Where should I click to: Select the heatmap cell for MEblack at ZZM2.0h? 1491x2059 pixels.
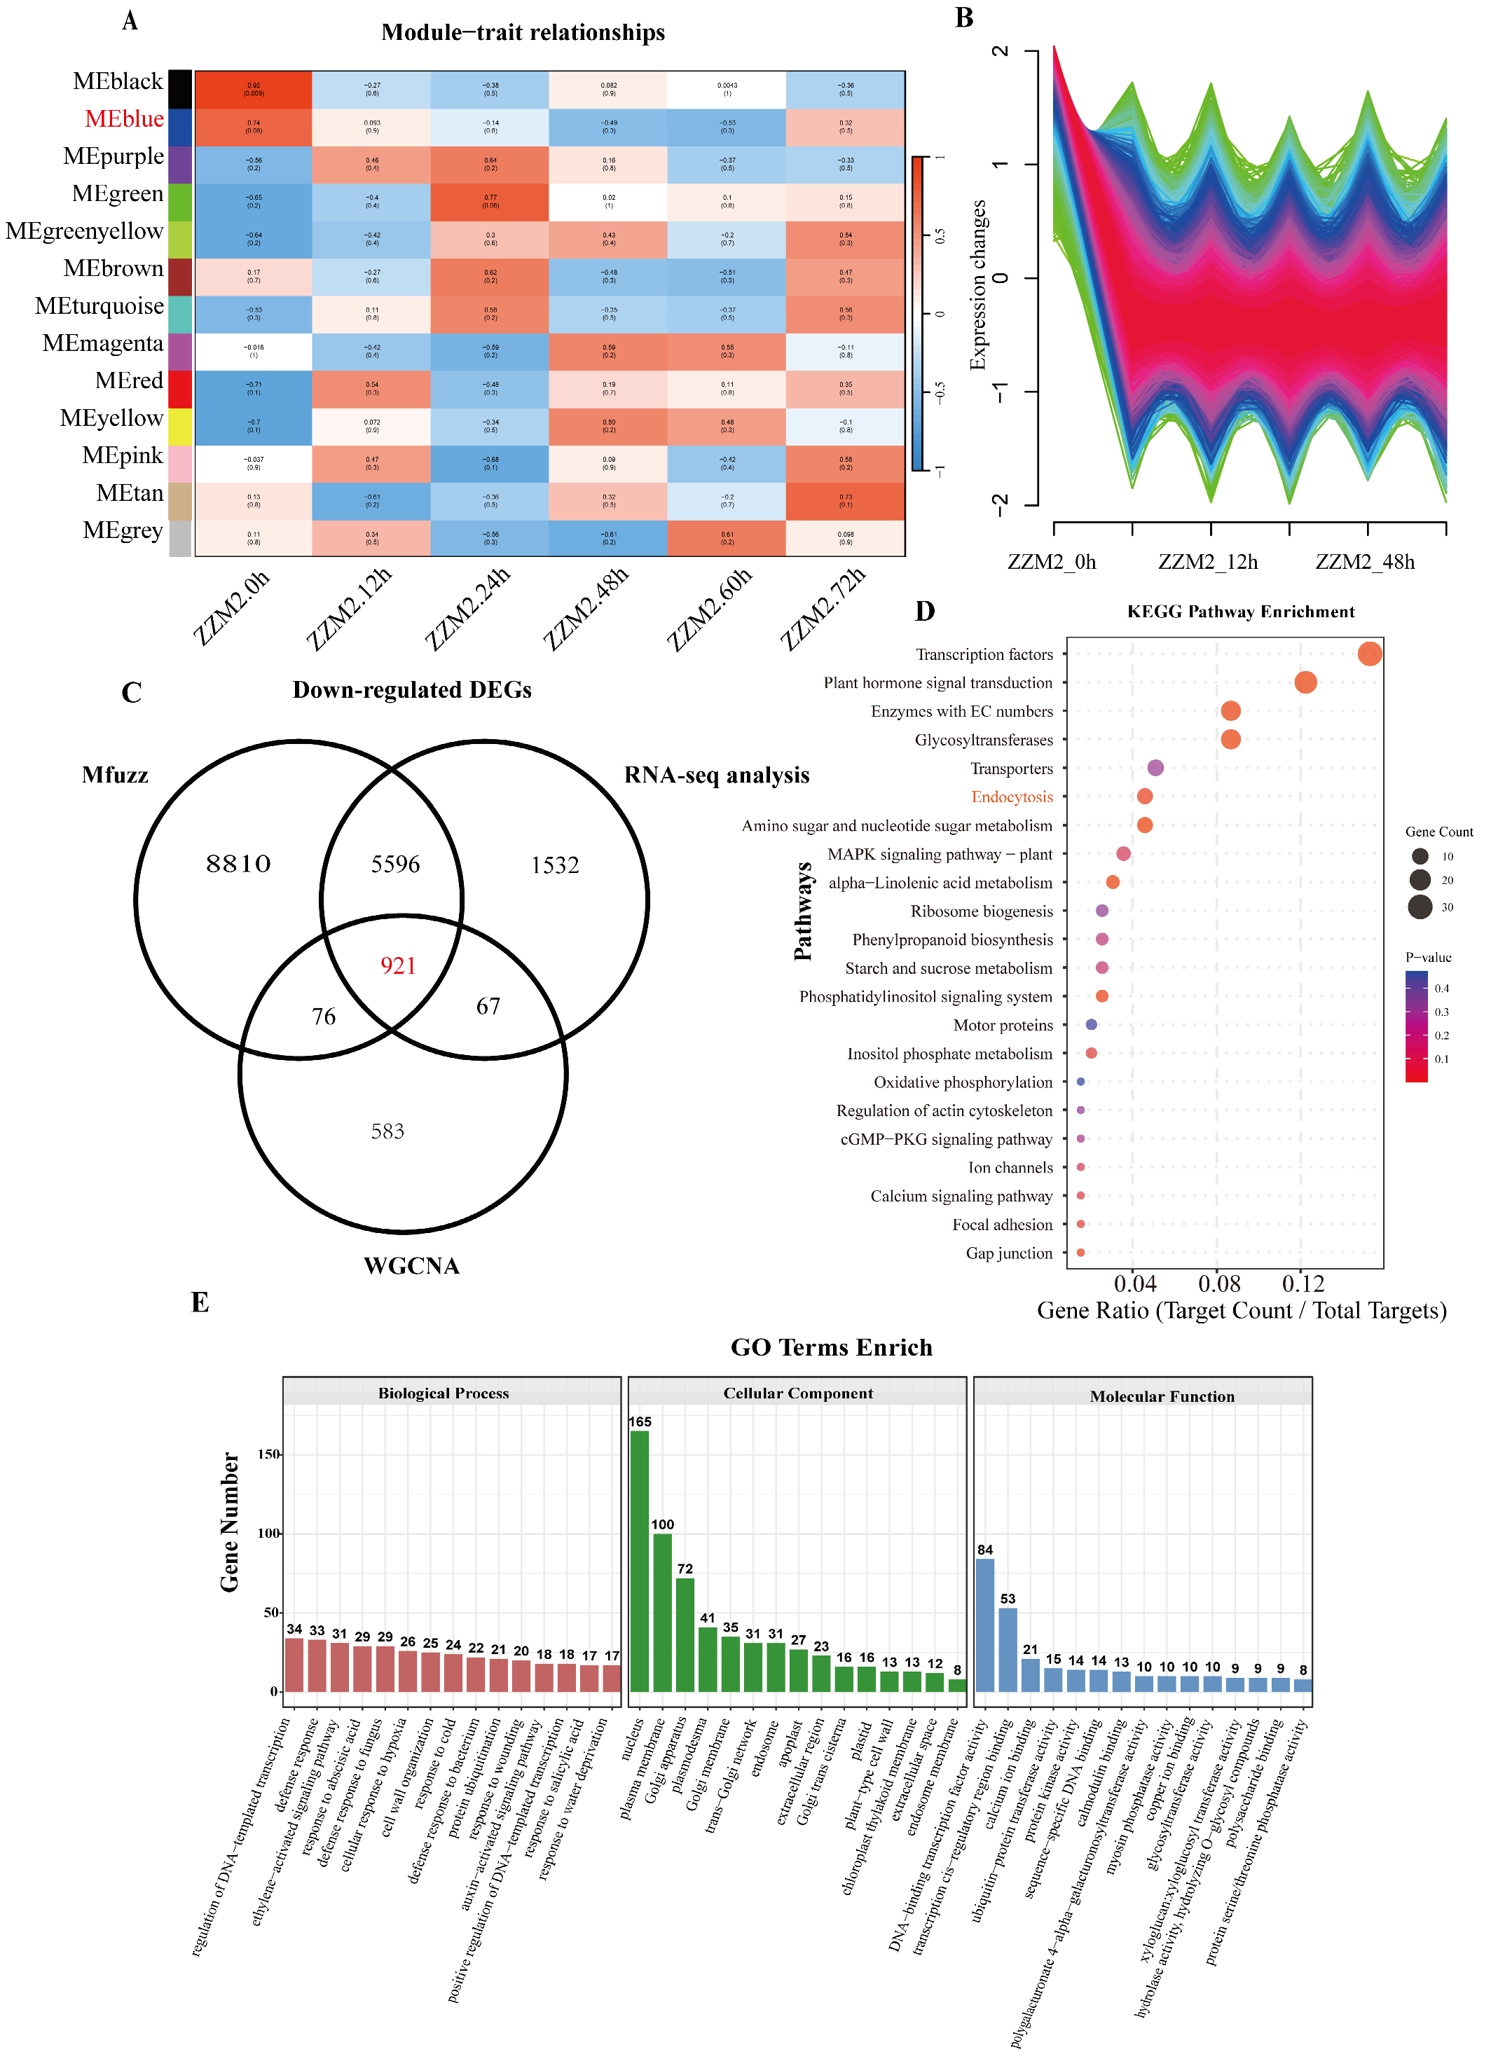coord(254,90)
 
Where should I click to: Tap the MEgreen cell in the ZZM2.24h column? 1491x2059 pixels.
coord(490,202)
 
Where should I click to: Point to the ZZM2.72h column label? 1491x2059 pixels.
coord(823,607)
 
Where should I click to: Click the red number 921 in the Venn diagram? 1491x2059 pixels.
coord(398,965)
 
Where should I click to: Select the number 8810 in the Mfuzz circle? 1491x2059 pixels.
coord(238,863)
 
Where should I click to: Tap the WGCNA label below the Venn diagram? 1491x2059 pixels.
coord(411,1265)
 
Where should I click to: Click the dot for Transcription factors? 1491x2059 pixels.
coord(1369,654)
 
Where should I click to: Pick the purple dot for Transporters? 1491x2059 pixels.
coord(1155,768)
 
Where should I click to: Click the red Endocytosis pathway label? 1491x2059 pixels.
coord(1012,797)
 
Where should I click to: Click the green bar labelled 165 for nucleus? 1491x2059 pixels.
coord(639,1561)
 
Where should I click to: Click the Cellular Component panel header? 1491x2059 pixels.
coord(797,1393)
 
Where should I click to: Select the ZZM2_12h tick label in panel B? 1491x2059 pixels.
coord(1208,562)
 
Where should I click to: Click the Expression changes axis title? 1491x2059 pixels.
coord(978,285)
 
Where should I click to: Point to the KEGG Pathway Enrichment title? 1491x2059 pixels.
coord(1240,612)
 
